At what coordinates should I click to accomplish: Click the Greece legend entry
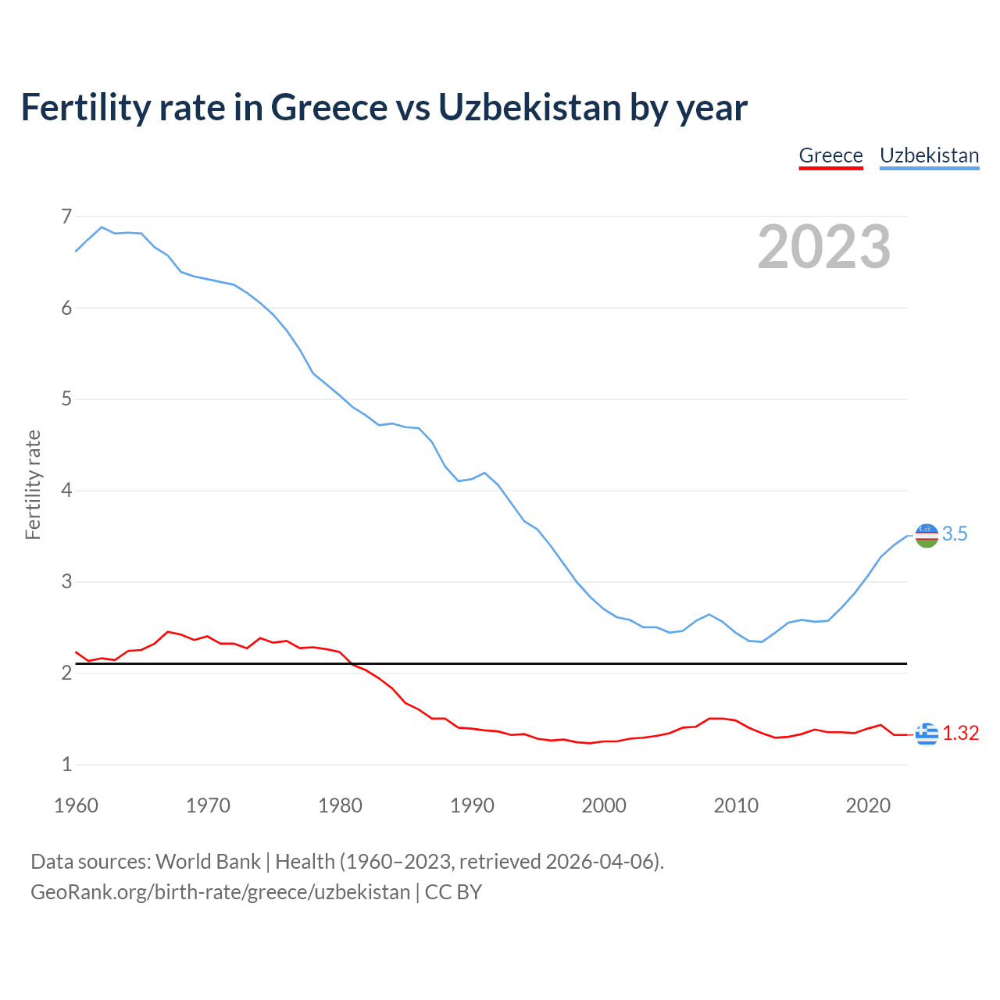(830, 155)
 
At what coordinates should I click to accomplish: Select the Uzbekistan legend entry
(929, 155)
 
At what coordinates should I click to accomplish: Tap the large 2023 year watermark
(823, 247)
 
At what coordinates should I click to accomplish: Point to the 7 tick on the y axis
(66, 216)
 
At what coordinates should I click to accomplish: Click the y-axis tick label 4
(66, 491)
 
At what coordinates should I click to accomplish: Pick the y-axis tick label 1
(66, 765)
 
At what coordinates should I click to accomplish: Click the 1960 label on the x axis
(76, 805)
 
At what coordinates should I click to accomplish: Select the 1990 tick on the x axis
(472, 805)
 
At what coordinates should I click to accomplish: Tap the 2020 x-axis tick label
(868, 805)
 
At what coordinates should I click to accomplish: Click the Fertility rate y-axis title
(33, 484)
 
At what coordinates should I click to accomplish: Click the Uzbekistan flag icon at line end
(927, 535)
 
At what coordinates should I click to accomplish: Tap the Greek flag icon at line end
(927, 734)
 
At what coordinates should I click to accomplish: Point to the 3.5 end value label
(955, 534)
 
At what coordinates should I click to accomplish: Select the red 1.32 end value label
(960, 734)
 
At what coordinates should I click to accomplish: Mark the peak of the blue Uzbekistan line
(102, 227)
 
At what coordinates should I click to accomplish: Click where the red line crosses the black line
(352, 664)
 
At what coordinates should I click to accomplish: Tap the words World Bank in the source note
(208, 862)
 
